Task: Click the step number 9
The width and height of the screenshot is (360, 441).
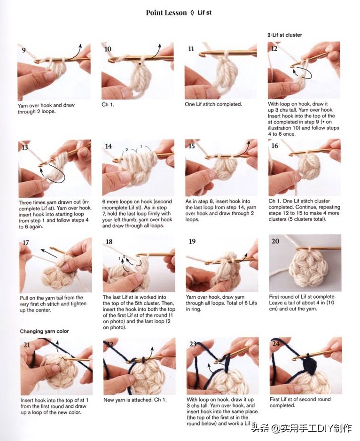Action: pyautogui.click(x=24, y=50)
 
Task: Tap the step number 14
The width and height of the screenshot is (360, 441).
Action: pyautogui.click(x=109, y=146)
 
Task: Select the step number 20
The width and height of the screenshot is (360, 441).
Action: pyautogui.click(x=275, y=241)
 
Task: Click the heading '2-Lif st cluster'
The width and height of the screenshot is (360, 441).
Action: pyautogui.click(x=284, y=35)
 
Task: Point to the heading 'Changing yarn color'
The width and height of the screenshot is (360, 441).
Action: pyautogui.click(x=44, y=331)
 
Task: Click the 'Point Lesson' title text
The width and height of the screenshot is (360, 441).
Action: pyautogui.click(x=166, y=13)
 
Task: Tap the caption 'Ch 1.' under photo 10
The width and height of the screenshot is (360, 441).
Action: pyautogui.click(x=108, y=105)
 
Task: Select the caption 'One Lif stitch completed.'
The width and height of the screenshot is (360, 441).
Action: pyautogui.click(x=213, y=104)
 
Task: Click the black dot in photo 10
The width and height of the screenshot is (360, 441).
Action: pyautogui.click(x=139, y=64)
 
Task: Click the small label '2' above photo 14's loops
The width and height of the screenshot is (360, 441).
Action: pyautogui.click(x=127, y=150)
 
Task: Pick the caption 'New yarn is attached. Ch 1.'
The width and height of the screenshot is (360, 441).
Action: pyautogui.click(x=135, y=400)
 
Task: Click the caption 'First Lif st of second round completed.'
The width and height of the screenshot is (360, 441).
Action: pyautogui.click(x=300, y=402)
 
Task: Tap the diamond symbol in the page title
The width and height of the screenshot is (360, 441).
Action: pyautogui.click(x=192, y=13)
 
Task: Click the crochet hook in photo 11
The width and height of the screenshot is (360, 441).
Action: pyautogui.click(x=227, y=54)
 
